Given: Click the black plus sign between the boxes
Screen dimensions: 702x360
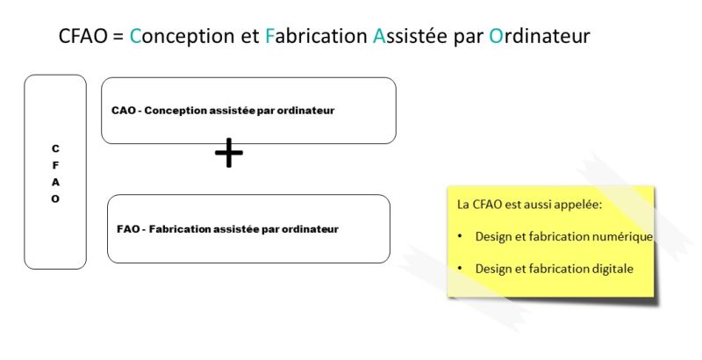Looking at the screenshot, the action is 229,152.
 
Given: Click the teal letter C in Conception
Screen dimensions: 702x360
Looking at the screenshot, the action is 135,36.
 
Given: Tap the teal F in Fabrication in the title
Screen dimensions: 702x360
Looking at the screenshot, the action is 269,36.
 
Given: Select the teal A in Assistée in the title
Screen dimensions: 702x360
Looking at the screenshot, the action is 379,36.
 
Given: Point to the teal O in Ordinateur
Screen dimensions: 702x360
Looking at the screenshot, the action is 496,36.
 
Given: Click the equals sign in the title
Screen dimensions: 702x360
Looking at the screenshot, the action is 118,37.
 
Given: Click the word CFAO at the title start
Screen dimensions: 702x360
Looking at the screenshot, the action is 82,36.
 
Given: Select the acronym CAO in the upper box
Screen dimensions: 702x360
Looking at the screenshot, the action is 124,111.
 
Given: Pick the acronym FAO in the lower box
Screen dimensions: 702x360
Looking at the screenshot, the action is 128,229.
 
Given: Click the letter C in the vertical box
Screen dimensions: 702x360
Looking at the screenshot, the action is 55,148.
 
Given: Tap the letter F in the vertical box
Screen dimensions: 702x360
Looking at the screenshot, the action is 55,166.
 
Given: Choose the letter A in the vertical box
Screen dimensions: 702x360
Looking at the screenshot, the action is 55,183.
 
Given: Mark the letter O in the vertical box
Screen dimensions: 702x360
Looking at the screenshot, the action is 55,198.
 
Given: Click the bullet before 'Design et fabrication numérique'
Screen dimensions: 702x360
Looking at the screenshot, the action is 460,236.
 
